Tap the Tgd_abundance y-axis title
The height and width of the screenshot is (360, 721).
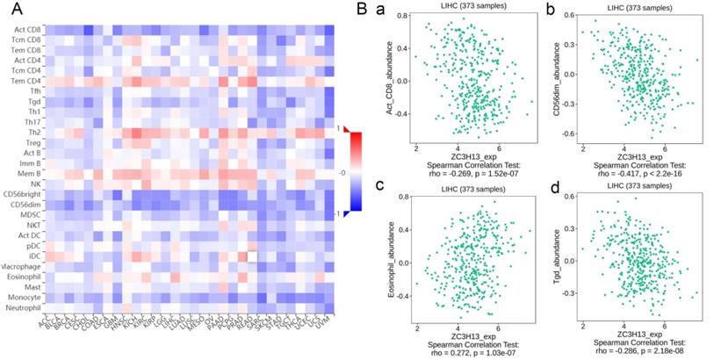(564, 256)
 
